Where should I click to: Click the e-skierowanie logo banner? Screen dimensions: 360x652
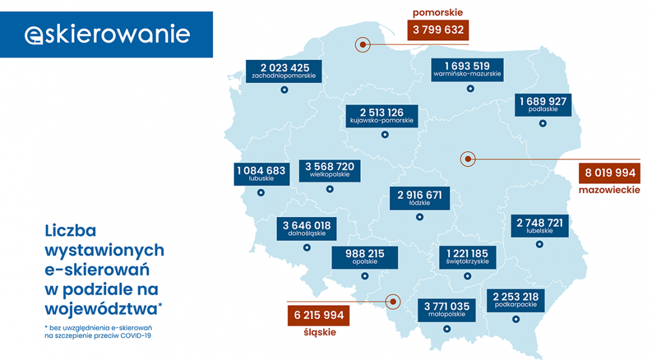point(107,35)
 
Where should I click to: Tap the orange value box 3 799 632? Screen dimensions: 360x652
point(438,30)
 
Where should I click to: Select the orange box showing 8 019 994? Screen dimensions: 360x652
point(609,173)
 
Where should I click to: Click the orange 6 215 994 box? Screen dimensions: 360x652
point(319,315)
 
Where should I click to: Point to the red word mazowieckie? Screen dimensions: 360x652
point(609,190)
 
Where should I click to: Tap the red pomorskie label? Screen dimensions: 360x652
point(438,12)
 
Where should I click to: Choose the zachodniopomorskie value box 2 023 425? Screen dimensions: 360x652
point(284,71)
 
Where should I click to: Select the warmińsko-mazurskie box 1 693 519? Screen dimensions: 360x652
point(468,69)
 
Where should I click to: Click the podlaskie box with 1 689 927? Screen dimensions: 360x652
point(543,104)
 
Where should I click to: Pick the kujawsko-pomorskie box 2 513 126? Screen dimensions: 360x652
point(382,115)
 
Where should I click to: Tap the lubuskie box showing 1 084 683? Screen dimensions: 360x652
point(261,173)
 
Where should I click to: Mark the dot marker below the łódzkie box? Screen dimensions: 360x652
point(419,216)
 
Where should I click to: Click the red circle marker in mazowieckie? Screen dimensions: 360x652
point(468,159)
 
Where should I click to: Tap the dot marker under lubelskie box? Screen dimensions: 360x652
point(540,244)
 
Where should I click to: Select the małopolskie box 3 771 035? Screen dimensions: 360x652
point(447,309)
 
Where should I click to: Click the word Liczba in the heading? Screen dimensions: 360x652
point(71,231)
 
